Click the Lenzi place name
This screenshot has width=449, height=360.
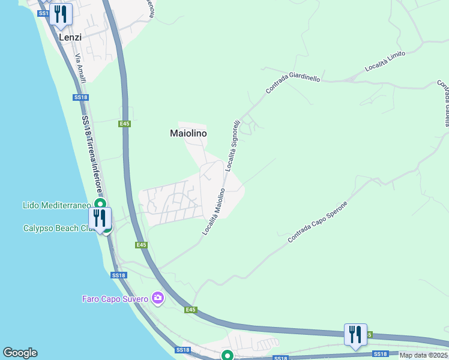(x=70, y=37)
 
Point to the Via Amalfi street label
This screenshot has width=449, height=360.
(x=80, y=70)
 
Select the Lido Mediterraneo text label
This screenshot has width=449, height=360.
(x=57, y=205)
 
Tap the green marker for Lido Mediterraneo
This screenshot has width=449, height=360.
(x=100, y=205)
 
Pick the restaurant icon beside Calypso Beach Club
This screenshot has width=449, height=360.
(x=99, y=218)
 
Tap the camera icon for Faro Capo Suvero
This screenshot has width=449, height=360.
(x=158, y=298)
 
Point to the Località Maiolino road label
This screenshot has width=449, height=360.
(x=214, y=211)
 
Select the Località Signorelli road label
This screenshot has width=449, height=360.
(x=232, y=146)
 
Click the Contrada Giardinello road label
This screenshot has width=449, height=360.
(x=293, y=83)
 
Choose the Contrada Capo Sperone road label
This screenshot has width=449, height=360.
(x=318, y=221)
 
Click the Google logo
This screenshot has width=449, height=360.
(x=20, y=353)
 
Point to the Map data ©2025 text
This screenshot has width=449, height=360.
(x=424, y=355)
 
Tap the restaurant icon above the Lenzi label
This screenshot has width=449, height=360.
(x=61, y=14)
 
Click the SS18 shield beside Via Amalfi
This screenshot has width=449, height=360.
(x=80, y=97)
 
